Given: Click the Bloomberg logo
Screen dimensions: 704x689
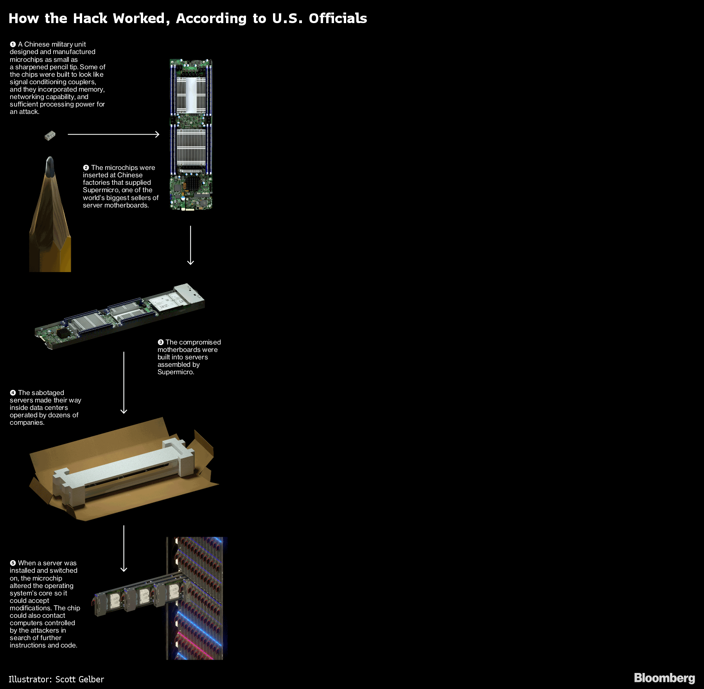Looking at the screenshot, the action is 664,678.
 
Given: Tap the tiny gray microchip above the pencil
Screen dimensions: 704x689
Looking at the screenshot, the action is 50,135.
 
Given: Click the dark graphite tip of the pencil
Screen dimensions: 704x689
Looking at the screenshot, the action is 50,167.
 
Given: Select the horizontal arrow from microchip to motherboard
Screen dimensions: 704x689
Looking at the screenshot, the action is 113,134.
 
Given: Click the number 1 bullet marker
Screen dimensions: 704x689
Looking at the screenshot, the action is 13,44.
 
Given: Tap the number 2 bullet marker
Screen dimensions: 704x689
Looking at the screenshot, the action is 86,168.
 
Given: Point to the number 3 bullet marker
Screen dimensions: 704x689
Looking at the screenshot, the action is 160,342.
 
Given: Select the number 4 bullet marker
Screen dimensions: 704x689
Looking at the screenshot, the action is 13,393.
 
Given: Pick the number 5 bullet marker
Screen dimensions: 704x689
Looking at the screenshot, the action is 13,563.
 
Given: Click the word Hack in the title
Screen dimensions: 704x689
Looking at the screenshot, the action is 90,18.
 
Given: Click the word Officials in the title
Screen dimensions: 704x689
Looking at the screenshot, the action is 338,18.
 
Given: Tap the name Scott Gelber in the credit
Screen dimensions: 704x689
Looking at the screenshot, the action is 80,679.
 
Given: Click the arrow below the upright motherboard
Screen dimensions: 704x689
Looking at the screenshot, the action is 190,245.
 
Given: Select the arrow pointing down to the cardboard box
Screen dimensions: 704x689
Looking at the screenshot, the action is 124,383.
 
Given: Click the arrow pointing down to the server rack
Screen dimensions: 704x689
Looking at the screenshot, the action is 124,548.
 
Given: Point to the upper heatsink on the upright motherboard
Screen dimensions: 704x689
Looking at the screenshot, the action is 191,95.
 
